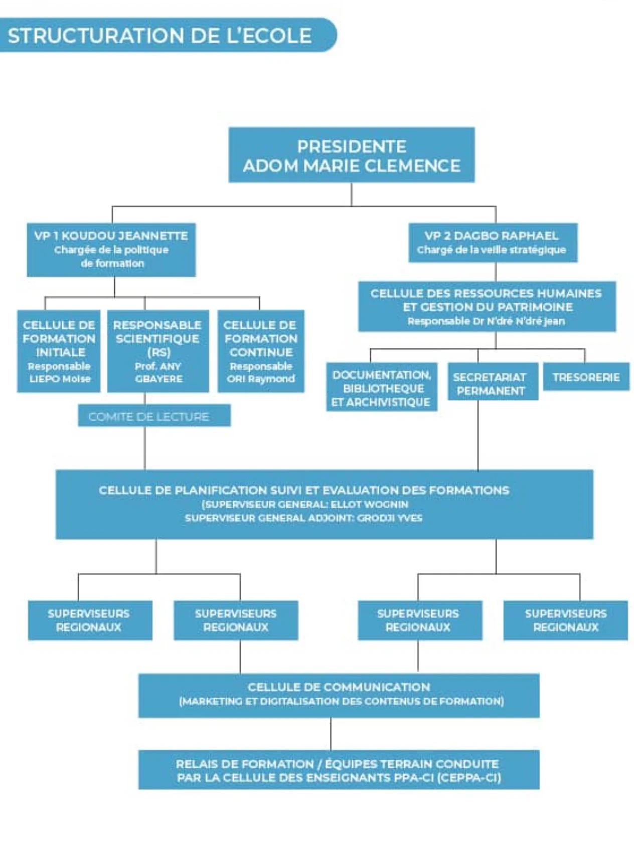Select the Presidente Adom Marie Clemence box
[x=351, y=155]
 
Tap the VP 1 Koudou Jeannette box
[x=111, y=249]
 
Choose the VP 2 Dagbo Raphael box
[x=493, y=243]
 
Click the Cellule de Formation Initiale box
[x=59, y=351]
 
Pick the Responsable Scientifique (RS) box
[x=158, y=351]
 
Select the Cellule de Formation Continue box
[x=261, y=351]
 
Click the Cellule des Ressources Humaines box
[x=487, y=306]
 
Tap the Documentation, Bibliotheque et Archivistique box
[x=381, y=388]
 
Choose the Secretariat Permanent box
[x=490, y=383]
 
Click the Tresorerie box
[x=586, y=377]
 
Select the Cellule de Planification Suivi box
[x=324, y=504]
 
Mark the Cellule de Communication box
[x=339, y=695]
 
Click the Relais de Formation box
[x=339, y=770]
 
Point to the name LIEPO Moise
[x=60, y=379]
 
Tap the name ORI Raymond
[x=261, y=379]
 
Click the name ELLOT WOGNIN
[x=370, y=504]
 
